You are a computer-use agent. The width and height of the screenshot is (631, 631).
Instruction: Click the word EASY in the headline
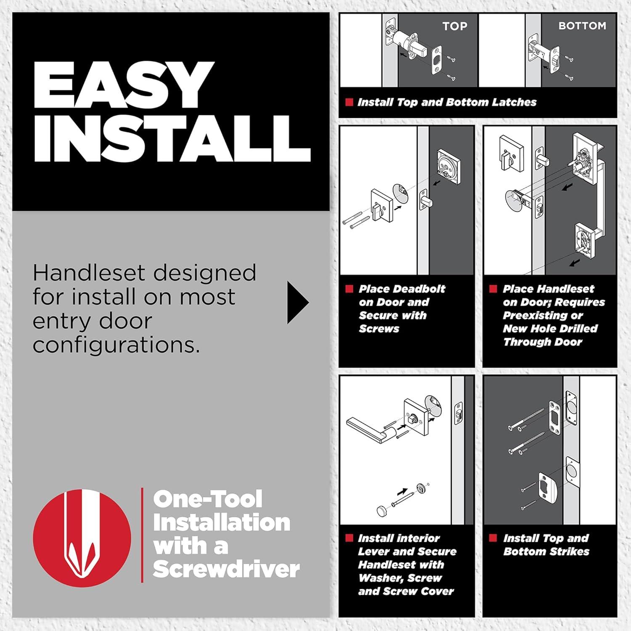click(x=124, y=85)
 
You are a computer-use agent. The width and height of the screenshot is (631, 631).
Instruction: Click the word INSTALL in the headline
click(x=172, y=138)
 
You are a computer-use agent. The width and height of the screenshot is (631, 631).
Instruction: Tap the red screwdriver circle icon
click(x=82, y=538)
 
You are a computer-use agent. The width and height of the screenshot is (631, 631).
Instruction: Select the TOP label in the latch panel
click(x=455, y=26)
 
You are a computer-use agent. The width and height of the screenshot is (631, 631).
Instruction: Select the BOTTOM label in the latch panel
click(x=582, y=26)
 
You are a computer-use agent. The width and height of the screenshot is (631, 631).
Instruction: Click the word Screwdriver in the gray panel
click(x=226, y=569)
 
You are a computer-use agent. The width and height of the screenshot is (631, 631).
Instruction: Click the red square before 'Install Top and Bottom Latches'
click(x=349, y=102)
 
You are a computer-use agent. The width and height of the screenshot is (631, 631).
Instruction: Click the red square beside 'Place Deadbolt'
click(x=349, y=289)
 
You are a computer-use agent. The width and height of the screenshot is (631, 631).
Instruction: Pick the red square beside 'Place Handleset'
click(x=493, y=289)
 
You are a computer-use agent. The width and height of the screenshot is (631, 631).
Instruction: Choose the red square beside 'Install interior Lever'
click(x=349, y=538)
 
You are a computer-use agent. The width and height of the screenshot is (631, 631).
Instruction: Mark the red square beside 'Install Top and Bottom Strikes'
click(x=493, y=538)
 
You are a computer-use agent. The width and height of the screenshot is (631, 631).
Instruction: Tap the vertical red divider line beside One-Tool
click(x=142, y=535)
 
